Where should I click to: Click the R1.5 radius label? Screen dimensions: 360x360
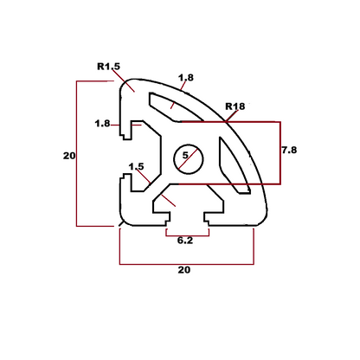108,66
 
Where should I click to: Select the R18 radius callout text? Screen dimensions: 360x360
235,106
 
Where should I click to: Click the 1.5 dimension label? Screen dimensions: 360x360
136,166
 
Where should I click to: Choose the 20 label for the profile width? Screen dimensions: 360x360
184,270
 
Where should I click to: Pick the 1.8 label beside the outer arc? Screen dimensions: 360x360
186,78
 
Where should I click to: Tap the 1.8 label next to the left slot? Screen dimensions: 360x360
102,124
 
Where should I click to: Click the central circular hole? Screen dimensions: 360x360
186,157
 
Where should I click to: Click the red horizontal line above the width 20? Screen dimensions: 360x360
185,263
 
